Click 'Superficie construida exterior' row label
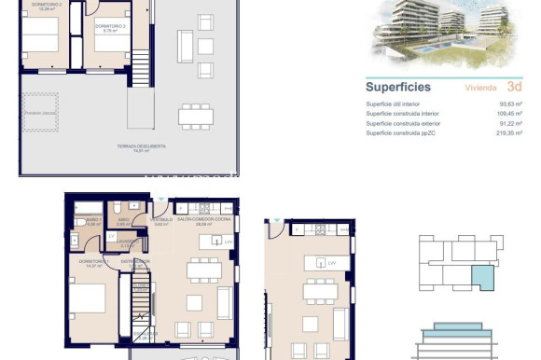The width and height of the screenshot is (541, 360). [406, 124]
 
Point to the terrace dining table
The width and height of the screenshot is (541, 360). [195, 117]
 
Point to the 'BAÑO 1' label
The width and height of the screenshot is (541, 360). [91, 221]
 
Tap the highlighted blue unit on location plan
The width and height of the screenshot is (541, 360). [484, 278]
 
